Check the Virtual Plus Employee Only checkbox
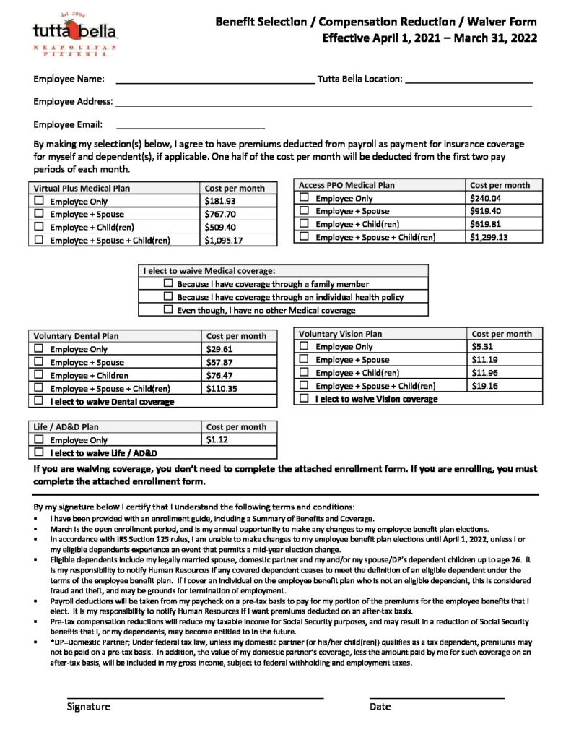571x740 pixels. pos(39,202)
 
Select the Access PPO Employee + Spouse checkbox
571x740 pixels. pos(304,211)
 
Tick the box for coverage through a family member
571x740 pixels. pos(168,284)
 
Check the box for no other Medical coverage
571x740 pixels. pos(168,310)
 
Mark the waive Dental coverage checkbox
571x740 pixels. pos(39,401)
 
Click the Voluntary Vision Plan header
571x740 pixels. pos(341,334)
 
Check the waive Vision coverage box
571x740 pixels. pos(304,399)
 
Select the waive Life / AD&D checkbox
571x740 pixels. pos(39,453)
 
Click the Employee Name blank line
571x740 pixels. pos(214,80)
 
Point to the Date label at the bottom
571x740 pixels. pos(380,707)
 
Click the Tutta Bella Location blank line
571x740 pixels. pos(468,80)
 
